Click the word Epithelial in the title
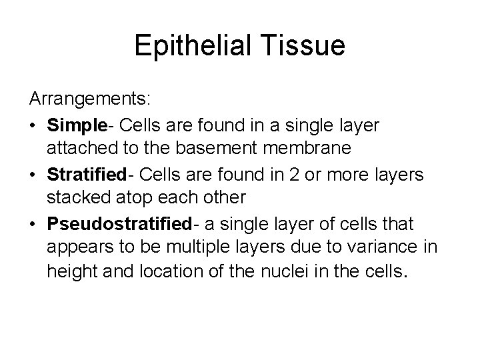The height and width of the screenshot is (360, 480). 190,45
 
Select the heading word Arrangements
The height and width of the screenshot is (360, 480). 90,99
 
